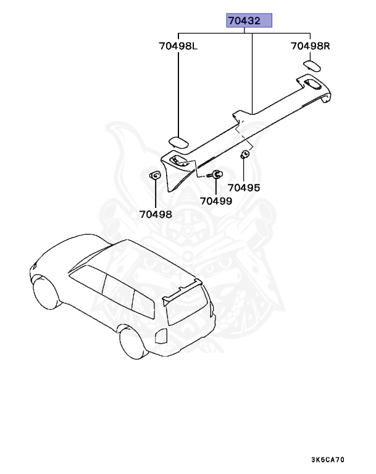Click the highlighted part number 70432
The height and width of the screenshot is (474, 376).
pyautogui.click(x=249, y=21)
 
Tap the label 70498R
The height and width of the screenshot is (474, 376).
pyautogui.click(x=311, y=46)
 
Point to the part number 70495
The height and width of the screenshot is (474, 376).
pyautogui.click(x=243, y=187)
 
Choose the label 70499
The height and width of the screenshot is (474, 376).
pyautogui.click(x=216, y=201)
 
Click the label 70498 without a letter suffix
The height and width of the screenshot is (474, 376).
pyautogui.click(x=156, y=214)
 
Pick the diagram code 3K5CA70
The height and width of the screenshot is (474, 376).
pyautogui.click(x=328, y=460)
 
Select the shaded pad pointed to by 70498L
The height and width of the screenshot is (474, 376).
pyautogui.click(x=180, y=141)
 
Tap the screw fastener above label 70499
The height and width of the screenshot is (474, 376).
pyautogui.click(x=215, y=175)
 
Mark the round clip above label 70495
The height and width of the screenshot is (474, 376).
pyautogui.click(x=244, y=155)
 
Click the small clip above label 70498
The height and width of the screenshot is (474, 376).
pyautogui.click(x=155, y=177)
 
